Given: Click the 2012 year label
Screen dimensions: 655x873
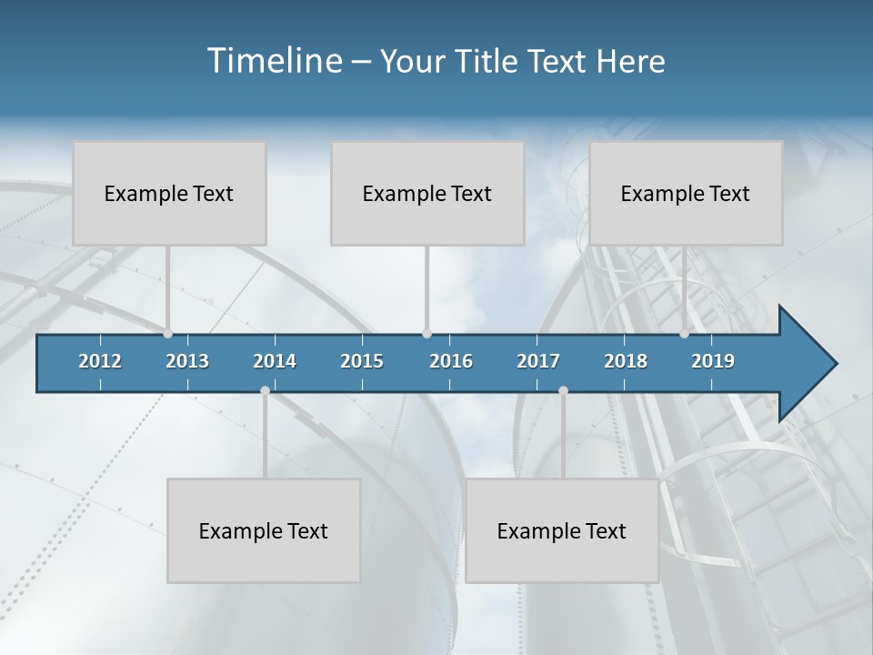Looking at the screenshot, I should point(100,361).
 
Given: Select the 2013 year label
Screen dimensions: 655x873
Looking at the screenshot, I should point(187,361).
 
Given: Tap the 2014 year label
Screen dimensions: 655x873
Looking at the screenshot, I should point(275,361).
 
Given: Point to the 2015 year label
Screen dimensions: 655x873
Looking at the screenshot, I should point(362,361).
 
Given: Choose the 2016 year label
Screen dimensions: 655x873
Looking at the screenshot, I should point(451,361).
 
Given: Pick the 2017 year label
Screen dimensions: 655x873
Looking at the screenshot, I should point(538,361).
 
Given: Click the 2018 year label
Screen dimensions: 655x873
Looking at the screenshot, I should point(626,361).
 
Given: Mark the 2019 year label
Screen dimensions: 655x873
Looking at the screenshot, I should point(713,361).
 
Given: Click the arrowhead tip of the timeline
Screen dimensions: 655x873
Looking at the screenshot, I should point(834,364).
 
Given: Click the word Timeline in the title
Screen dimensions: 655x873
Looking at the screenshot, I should point(273,60).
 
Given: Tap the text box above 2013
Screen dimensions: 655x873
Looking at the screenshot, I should point(169,193).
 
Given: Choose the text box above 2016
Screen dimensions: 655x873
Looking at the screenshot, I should point(427,193).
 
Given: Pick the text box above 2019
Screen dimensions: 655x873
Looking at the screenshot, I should point(686,193).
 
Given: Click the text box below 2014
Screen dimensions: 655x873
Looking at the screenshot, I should point(264,530).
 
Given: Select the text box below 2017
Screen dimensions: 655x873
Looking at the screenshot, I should point(562,530).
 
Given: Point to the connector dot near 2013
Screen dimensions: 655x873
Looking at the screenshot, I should point(168,334).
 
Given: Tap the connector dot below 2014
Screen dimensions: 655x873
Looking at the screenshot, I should point(265,390).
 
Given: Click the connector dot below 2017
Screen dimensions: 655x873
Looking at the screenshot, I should point(563,390).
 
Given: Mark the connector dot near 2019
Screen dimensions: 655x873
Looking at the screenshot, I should point(685,334).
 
